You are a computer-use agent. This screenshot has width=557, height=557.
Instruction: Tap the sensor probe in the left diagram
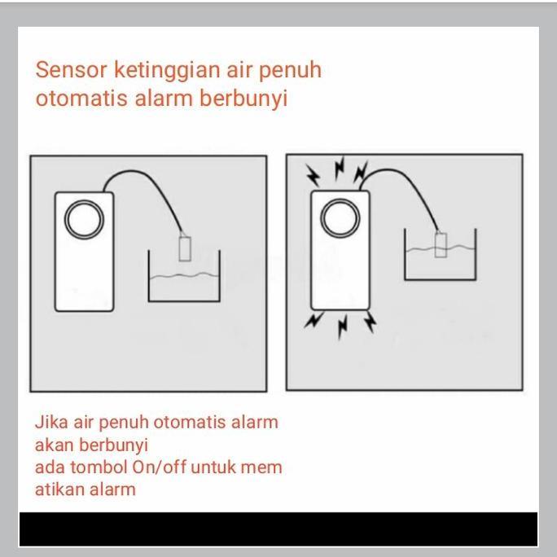click(185, 248)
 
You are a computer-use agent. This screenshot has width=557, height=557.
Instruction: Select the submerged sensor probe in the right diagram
click(441, 243)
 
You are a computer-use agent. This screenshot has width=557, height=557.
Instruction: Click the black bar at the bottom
click(278, 528)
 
